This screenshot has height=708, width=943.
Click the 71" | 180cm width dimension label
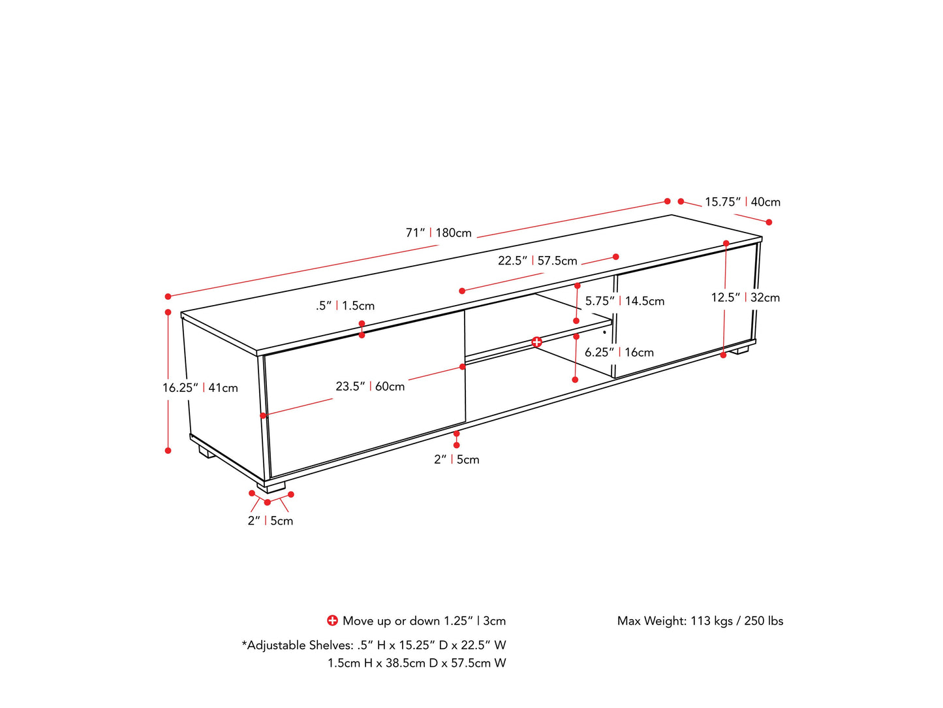pos(438,233)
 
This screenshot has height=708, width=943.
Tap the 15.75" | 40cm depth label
pos(743,202)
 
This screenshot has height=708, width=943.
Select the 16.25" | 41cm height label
pos(200,388)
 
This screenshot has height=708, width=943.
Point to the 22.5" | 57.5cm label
pos(538,261)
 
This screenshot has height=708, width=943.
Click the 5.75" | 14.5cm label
pos(625,301)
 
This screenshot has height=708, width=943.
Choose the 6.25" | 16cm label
pos(619,353)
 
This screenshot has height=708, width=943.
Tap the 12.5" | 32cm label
pos(745,297)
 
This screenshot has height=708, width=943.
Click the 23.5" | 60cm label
pos(370,387)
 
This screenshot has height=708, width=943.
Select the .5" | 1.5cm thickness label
pos(345,306)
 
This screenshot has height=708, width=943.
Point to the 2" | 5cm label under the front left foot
pos(270,521)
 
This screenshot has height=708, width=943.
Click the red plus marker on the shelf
pos(536,342)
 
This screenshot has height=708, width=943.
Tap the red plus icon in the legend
pos(332,620)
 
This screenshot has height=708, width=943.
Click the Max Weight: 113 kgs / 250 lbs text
pos(700,620)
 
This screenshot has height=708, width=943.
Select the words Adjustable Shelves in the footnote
pos(300,645)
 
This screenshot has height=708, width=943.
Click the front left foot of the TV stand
pos(271,487)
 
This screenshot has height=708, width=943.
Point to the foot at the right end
pos(739,350)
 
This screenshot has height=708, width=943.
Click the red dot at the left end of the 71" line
pos(168,297)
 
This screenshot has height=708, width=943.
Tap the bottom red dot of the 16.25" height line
pos(168,451)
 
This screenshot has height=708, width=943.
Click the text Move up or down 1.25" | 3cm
pos(424,620)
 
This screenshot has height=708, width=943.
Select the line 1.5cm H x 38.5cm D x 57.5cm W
pos(417,663)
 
